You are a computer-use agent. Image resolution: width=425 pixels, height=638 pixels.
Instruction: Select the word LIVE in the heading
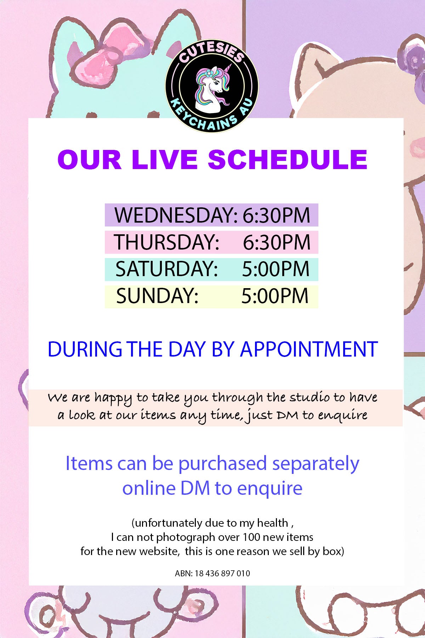[x=164, y=159]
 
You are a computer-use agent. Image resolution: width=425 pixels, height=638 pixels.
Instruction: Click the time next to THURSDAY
[x=277, y=242]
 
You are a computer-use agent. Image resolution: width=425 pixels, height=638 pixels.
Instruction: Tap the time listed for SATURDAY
[x=276, y=269]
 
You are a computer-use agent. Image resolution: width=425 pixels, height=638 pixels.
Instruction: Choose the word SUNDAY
[x=157, y=296]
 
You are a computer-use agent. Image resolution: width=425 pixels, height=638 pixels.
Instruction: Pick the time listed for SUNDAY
[x=275, y=296]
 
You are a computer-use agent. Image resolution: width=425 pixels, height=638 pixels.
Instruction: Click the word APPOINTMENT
[x=309, y=349]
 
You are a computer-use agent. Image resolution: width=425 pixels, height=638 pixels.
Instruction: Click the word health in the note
[x=272, y=523]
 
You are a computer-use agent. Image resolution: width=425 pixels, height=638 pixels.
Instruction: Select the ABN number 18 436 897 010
[x=222, y=573]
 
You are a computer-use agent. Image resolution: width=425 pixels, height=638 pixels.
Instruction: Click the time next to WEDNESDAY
[x=276, y=215]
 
